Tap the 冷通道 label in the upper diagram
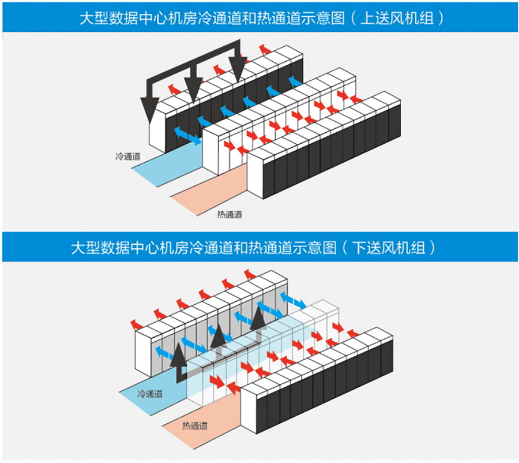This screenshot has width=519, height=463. pyautogui.click(x=127, y=156)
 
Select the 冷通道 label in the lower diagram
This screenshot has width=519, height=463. pyautogui.click(x=150, y=394)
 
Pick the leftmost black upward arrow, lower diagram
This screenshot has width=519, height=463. pyautogui.click(x=177, y=355)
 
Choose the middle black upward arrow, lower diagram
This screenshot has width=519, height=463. pyautogui.click(x=217, y=335)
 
